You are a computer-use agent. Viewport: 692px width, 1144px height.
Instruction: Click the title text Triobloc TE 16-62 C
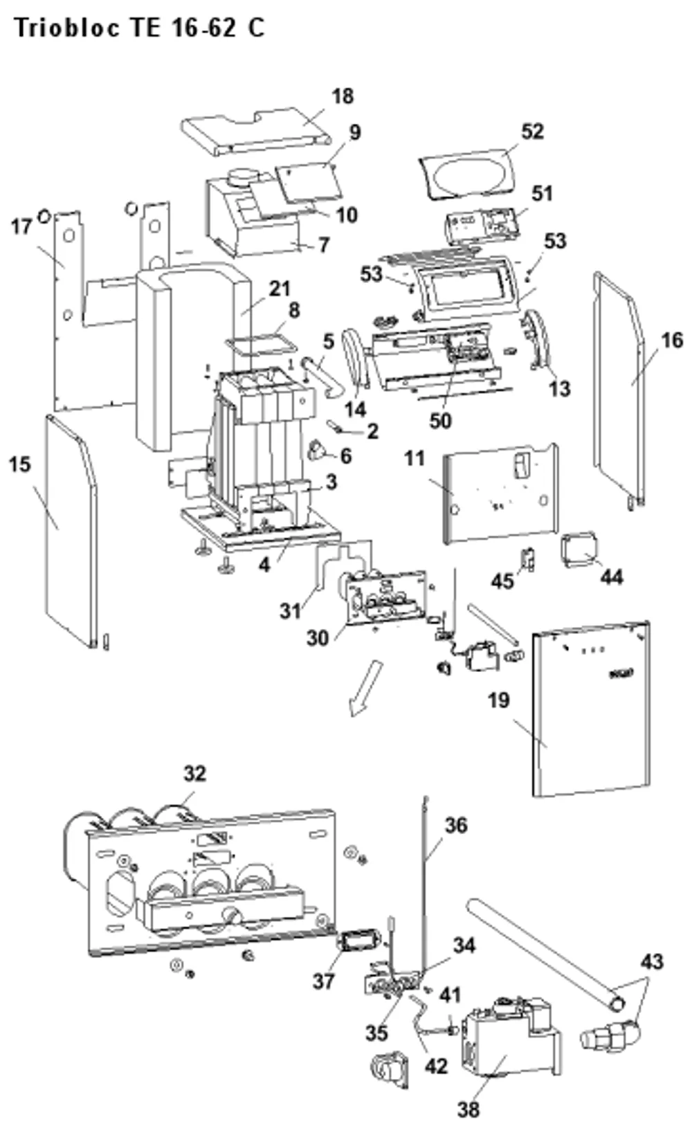139,28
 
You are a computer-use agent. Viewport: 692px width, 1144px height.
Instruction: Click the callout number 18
342,96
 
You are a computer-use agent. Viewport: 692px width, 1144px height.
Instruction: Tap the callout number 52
532,131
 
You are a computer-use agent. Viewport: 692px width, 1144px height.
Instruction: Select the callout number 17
21,226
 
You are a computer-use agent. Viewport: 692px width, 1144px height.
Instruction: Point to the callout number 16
671,340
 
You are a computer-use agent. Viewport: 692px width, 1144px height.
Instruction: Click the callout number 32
194,773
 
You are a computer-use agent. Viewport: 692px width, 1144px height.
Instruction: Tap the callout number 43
652,961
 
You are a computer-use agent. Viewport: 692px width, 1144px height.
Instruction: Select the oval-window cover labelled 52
467,174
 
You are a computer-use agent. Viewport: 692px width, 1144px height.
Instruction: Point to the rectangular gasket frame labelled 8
262,343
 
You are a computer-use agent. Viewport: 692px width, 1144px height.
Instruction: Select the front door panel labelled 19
591,709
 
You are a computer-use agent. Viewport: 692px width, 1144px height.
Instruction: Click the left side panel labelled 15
71,531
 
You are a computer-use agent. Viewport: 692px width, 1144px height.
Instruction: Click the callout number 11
415,459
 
